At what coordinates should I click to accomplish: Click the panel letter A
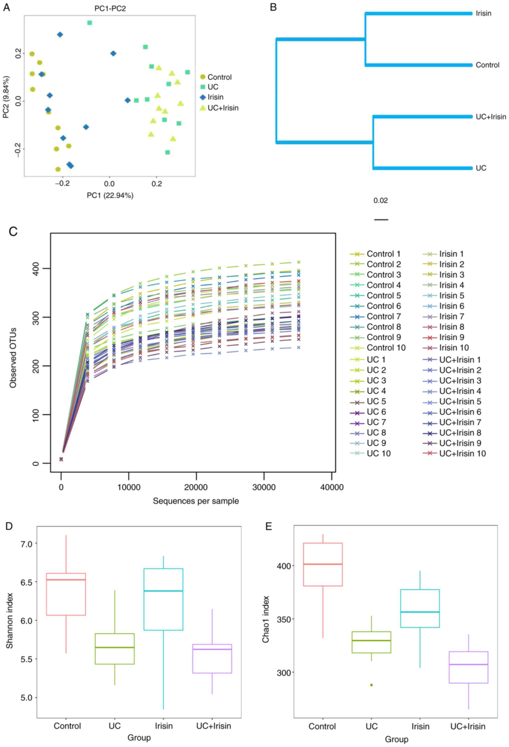pos(7,7)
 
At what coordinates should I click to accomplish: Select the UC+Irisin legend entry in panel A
pos(223,108)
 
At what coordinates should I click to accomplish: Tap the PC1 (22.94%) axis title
pos(110,195)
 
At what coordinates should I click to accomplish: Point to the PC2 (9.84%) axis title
pos(6,97)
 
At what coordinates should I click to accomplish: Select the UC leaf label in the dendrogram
pos(481,168)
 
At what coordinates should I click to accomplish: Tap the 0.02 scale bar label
pos(380,201)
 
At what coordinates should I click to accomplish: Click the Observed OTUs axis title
pos(13,358)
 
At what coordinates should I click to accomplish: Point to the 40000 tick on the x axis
pos(332,487)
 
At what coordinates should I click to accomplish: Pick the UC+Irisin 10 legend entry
pos(462,454)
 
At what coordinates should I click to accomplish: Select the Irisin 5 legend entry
pos(451,295)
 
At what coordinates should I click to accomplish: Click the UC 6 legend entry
pos(376,412)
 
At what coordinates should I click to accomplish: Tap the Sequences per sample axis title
pos(196,501)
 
